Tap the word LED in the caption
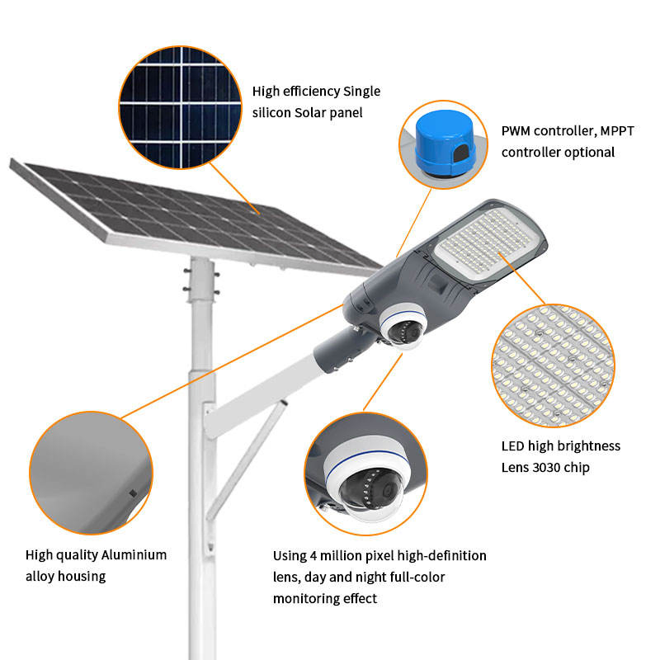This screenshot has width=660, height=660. point(514,446)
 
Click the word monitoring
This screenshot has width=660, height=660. point(307,599)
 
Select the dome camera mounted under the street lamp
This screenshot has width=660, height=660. point(401,325)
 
